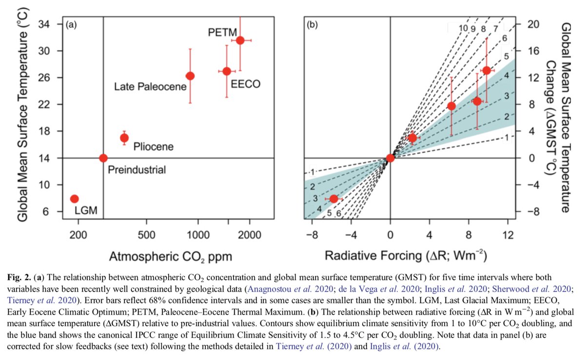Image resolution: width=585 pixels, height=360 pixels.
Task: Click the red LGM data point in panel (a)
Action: point(74,199)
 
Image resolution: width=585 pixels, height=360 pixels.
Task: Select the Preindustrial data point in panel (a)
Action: point(103,158)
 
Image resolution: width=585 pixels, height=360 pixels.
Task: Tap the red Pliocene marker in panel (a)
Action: point(124,138)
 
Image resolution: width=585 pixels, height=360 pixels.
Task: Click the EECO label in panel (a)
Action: point(245,84)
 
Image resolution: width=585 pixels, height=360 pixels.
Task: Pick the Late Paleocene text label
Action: point(150,87)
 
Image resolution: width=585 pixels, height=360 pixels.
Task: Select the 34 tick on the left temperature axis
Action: point(51,24)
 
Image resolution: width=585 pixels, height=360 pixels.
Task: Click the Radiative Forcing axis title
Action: point(406,256)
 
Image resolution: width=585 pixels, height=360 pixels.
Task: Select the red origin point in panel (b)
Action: point(390,158)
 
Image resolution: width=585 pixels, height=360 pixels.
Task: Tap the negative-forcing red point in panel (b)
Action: point(333,199)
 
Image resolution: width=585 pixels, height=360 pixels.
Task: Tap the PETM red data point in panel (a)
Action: point(240,40)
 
